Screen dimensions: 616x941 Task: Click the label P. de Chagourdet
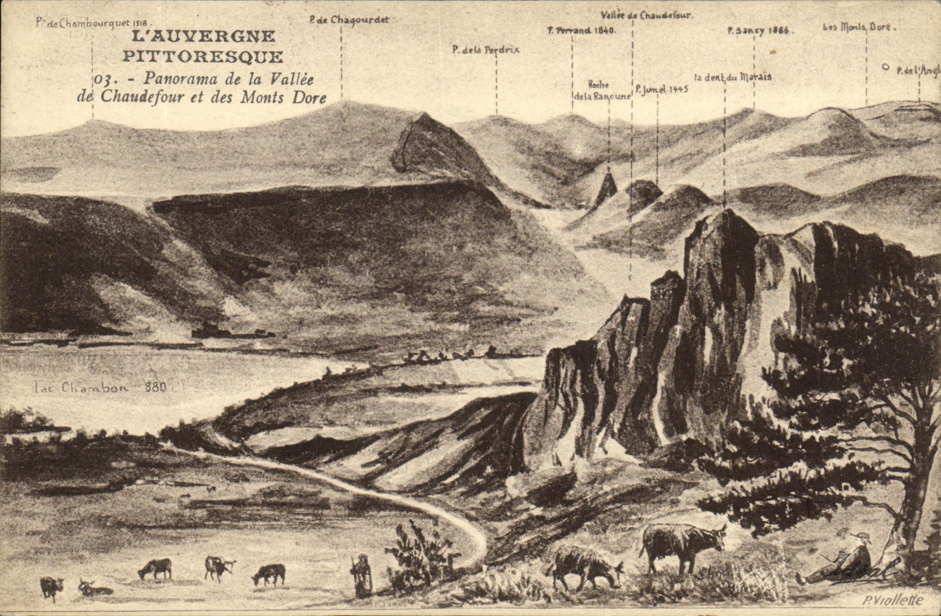point(349,20)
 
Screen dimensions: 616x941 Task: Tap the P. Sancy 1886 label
point(758,31)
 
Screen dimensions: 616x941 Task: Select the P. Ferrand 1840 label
point(581,30)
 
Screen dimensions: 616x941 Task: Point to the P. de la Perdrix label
point(486,50)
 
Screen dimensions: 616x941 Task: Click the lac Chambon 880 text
point(99,387)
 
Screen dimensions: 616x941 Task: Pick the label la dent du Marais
point(733,77)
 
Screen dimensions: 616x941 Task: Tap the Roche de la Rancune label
point(602,91)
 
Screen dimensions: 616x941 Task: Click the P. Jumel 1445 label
point(661,90)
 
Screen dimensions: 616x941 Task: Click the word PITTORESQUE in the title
point(203,57)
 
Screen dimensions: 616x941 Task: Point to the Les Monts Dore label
point(858,27)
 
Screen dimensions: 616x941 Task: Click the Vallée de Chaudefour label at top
point(646,16)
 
